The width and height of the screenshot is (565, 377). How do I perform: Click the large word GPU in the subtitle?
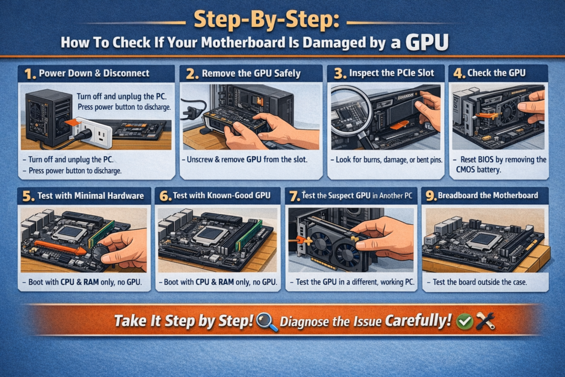424,42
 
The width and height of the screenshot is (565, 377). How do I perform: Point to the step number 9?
429,196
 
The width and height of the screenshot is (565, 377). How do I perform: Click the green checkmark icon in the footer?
465,321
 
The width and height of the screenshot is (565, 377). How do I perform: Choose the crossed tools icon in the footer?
485,321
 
